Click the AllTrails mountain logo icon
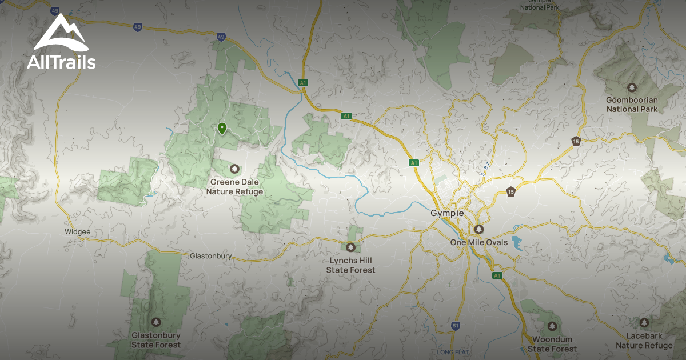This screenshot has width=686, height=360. coord(61,33)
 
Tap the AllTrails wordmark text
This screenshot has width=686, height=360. coord(61,62)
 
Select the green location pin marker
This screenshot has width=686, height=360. coord(222,128)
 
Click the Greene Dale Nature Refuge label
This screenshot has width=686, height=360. coord(234,187)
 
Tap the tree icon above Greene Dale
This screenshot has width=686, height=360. coord(234,169)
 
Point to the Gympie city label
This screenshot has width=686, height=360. coord(446,213)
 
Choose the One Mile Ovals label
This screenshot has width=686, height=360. coord(479,242)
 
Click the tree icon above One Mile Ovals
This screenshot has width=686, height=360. coord(479,229)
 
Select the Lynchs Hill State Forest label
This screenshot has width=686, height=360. coord(350,265)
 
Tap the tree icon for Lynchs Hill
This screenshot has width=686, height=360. coord(350,247)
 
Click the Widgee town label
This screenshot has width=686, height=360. coord(78,232)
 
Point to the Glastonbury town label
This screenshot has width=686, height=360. coord(210,256)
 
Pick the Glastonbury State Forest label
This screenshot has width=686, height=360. coord(156,340)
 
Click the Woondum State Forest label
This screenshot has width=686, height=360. coord(552,344)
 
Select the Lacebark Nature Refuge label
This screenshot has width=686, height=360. coord(644,341)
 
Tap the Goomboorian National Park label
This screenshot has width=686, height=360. coord(632,104)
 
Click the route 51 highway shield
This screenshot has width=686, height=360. coord(456,326)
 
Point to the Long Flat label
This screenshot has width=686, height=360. coord(453,351)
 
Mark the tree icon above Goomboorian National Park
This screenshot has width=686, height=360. coord(632,87)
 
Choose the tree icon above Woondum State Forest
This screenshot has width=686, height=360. coord(552,326)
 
